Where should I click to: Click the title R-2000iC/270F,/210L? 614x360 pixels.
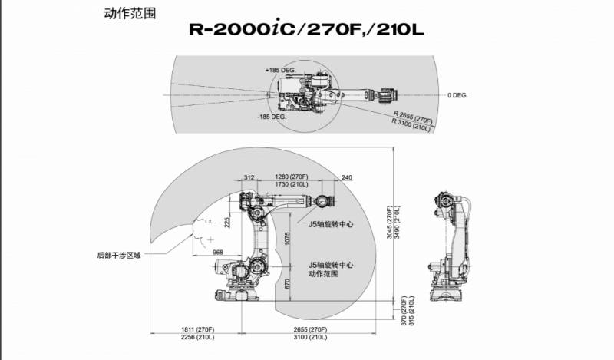coord(306,31)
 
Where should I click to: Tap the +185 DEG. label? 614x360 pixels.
coord(281,70)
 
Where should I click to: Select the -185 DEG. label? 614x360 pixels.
coord(272,117)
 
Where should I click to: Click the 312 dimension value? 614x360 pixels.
coord(248,177)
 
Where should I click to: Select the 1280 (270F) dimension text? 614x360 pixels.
coord(292,177)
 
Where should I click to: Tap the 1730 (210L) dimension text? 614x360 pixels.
coord(292,185)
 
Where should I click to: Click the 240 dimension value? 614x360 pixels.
coord(346,177)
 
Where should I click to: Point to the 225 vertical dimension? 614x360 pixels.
coord(226,222)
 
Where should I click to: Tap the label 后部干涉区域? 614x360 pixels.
coord(119,254)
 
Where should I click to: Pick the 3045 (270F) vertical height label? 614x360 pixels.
coord(389,223)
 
